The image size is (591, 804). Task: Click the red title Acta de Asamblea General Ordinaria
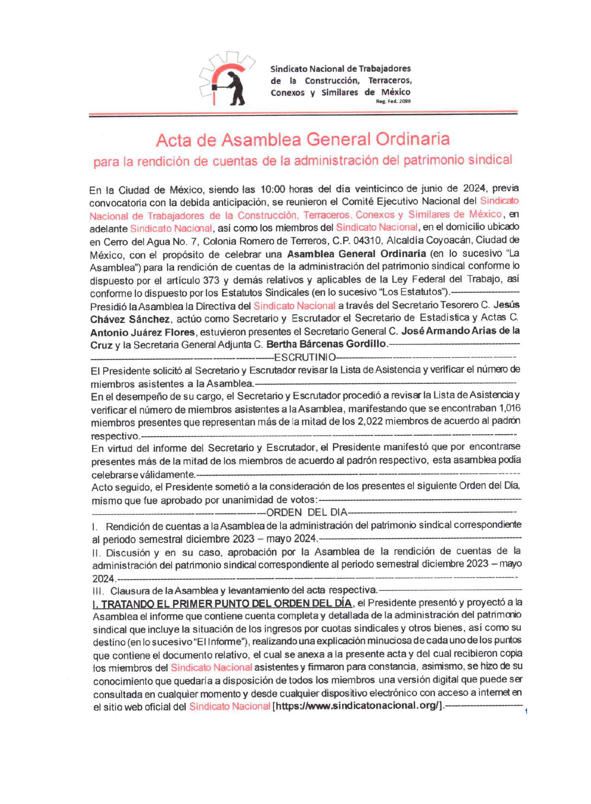303,139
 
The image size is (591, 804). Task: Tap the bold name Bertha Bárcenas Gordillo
326,344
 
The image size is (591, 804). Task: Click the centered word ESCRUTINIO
304,358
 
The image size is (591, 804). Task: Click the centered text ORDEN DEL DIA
307,512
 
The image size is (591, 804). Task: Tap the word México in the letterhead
395,92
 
